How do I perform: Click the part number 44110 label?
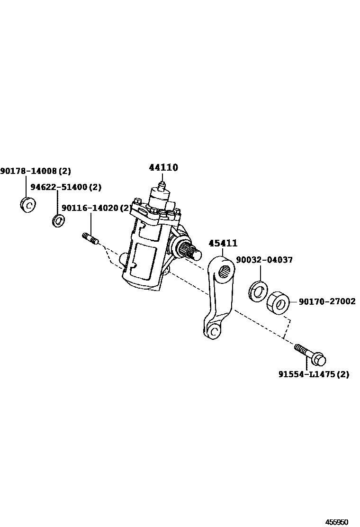click(163, 168)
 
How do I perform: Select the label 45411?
click(223, 244)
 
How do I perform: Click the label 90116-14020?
click(90, 208)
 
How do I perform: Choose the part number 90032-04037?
click(264, 260)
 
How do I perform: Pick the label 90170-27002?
click(327, 301)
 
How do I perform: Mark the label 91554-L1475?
click(307, 374)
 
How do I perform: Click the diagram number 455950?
click(336, 522)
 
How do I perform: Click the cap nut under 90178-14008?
click(28, 205)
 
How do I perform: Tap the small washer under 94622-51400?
click(58, 220)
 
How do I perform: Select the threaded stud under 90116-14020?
click(90, 238)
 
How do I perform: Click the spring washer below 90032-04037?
click(258, 290)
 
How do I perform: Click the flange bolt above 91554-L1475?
click(310, 355)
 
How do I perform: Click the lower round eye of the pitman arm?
click(214, 331)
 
